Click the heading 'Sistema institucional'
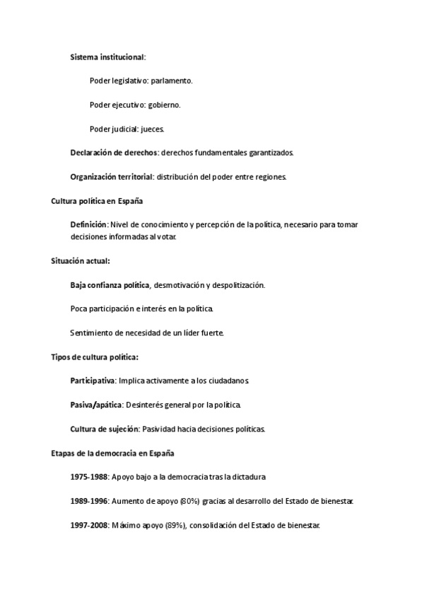pos(107,57)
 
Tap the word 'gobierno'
pos(164,105)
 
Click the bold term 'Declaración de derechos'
pos(114,153)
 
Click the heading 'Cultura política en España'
pos(97,201)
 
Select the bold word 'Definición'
pos(88,225)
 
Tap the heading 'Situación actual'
pos(80,261)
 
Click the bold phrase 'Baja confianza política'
pos(110,285)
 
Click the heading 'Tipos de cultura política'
pos(95,357)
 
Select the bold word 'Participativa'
pos(93,381)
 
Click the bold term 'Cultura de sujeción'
pos(105,429)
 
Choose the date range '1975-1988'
pos(89,478)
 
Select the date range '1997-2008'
pos(89,526)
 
